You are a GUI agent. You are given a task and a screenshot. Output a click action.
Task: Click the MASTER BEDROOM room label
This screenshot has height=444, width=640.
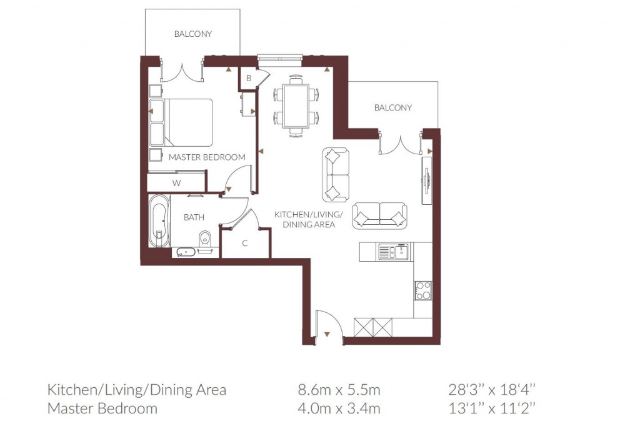tap(207, 157)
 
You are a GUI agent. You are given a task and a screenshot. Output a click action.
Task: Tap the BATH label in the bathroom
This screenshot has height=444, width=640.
tap(194, 217)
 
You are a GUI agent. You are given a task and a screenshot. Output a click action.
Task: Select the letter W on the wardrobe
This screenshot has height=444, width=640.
tap(177, 183)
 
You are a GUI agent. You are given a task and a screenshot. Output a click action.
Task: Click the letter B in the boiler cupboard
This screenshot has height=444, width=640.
tap(248, 78)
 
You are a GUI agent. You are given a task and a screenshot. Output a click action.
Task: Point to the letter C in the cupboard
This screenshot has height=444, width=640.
tap(245, 243)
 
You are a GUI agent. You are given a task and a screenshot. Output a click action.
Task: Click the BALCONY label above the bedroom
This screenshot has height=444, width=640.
tap(193, 34)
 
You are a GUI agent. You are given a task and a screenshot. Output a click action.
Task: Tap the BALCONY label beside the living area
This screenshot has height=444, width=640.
tap(393, 107)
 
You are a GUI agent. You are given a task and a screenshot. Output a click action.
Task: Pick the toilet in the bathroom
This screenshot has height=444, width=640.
tap(204, 239)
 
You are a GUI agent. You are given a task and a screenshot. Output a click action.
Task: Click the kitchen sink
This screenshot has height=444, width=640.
tap(394, 252)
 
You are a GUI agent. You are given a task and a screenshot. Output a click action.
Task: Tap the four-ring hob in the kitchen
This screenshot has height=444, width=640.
tap(423, 291)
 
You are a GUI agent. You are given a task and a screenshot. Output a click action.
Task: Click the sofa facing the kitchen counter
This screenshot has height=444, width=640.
tap(379, 215)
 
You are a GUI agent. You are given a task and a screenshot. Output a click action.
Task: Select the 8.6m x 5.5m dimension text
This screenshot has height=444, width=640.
tap(339, 390)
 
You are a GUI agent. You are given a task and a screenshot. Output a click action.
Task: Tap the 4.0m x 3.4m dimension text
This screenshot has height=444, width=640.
tap(339, 408)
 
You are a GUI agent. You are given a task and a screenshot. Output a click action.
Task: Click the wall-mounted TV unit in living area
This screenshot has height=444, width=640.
tap(426, 179)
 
